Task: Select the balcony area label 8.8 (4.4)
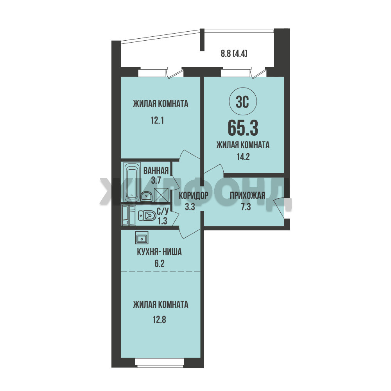234,53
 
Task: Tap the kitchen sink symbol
142,237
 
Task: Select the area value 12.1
157,121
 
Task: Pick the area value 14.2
243,157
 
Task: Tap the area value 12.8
160,319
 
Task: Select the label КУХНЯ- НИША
160,252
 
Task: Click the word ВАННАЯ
156,171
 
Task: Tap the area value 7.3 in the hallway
246,207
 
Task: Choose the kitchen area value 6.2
160,263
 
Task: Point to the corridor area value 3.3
190,207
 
